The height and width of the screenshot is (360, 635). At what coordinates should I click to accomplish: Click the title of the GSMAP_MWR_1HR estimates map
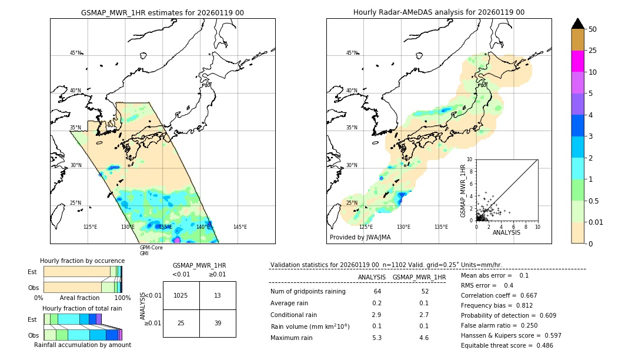point(162,12)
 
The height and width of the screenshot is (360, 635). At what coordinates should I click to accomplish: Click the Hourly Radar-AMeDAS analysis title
point(439,12)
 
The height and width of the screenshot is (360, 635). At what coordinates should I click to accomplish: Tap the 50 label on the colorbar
point(593,29)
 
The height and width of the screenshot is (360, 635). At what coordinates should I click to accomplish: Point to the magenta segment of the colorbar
point(577,61)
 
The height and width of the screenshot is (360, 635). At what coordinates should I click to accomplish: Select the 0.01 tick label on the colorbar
point(596,222)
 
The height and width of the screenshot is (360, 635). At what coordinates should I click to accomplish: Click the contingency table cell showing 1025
point(181,295)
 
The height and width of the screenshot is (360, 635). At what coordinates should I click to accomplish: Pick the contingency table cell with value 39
point(218,324)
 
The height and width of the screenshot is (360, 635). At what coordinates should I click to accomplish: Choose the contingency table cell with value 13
point(218,295)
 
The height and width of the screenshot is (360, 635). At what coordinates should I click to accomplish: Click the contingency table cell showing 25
point(181,324)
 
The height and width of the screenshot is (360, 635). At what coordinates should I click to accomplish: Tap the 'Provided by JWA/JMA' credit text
point(360,237)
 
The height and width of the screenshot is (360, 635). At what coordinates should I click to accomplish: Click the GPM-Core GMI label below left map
point(151,251)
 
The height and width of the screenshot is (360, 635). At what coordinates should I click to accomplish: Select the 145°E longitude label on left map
point(240,227)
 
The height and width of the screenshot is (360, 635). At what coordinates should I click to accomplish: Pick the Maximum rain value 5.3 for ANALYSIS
point(376,338)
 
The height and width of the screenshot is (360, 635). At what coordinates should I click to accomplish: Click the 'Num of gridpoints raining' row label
point(308,291)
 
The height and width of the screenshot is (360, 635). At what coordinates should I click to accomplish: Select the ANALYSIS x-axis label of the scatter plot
point(506,232)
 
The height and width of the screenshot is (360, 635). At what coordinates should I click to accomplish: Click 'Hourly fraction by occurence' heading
point(82,261)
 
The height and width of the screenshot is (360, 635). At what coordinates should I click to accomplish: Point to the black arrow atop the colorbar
point(577,24)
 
